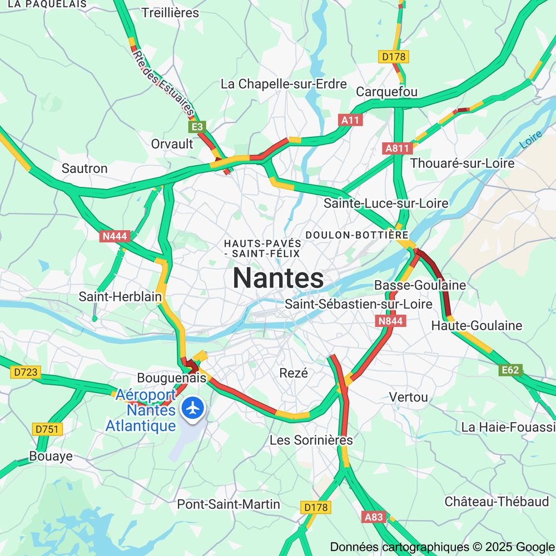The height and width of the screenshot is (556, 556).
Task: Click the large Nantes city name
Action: tap(278, 277)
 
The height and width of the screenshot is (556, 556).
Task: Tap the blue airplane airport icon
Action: tap(193, 408)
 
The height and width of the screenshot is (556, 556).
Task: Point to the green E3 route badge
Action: tap(198, 127)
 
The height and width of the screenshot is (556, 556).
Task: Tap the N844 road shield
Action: tap(391, 321)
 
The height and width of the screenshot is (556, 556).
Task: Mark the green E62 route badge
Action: tap(510, 370)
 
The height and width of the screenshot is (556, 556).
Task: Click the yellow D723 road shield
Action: tap(26, 372)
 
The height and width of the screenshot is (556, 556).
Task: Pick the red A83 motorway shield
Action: tap(374, 517)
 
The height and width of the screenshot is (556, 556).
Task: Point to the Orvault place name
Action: tap(172, 144)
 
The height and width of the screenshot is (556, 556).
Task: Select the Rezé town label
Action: tap(293, 373)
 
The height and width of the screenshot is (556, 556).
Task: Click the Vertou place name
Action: tap(409, 397)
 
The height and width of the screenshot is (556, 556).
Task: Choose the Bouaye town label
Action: tap(51, 456)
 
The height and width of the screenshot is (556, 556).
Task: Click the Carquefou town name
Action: tap(386, 92)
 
